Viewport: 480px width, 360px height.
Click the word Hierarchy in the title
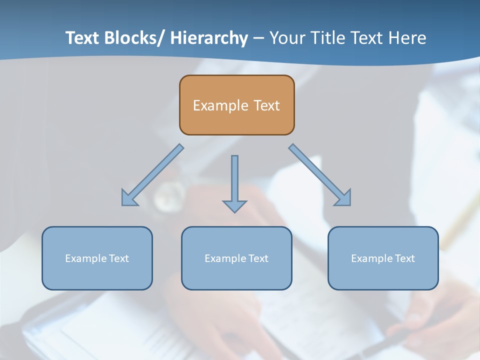point(209,38)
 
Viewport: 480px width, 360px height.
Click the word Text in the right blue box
point(405,258)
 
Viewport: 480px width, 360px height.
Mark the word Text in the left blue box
point(119,258)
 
